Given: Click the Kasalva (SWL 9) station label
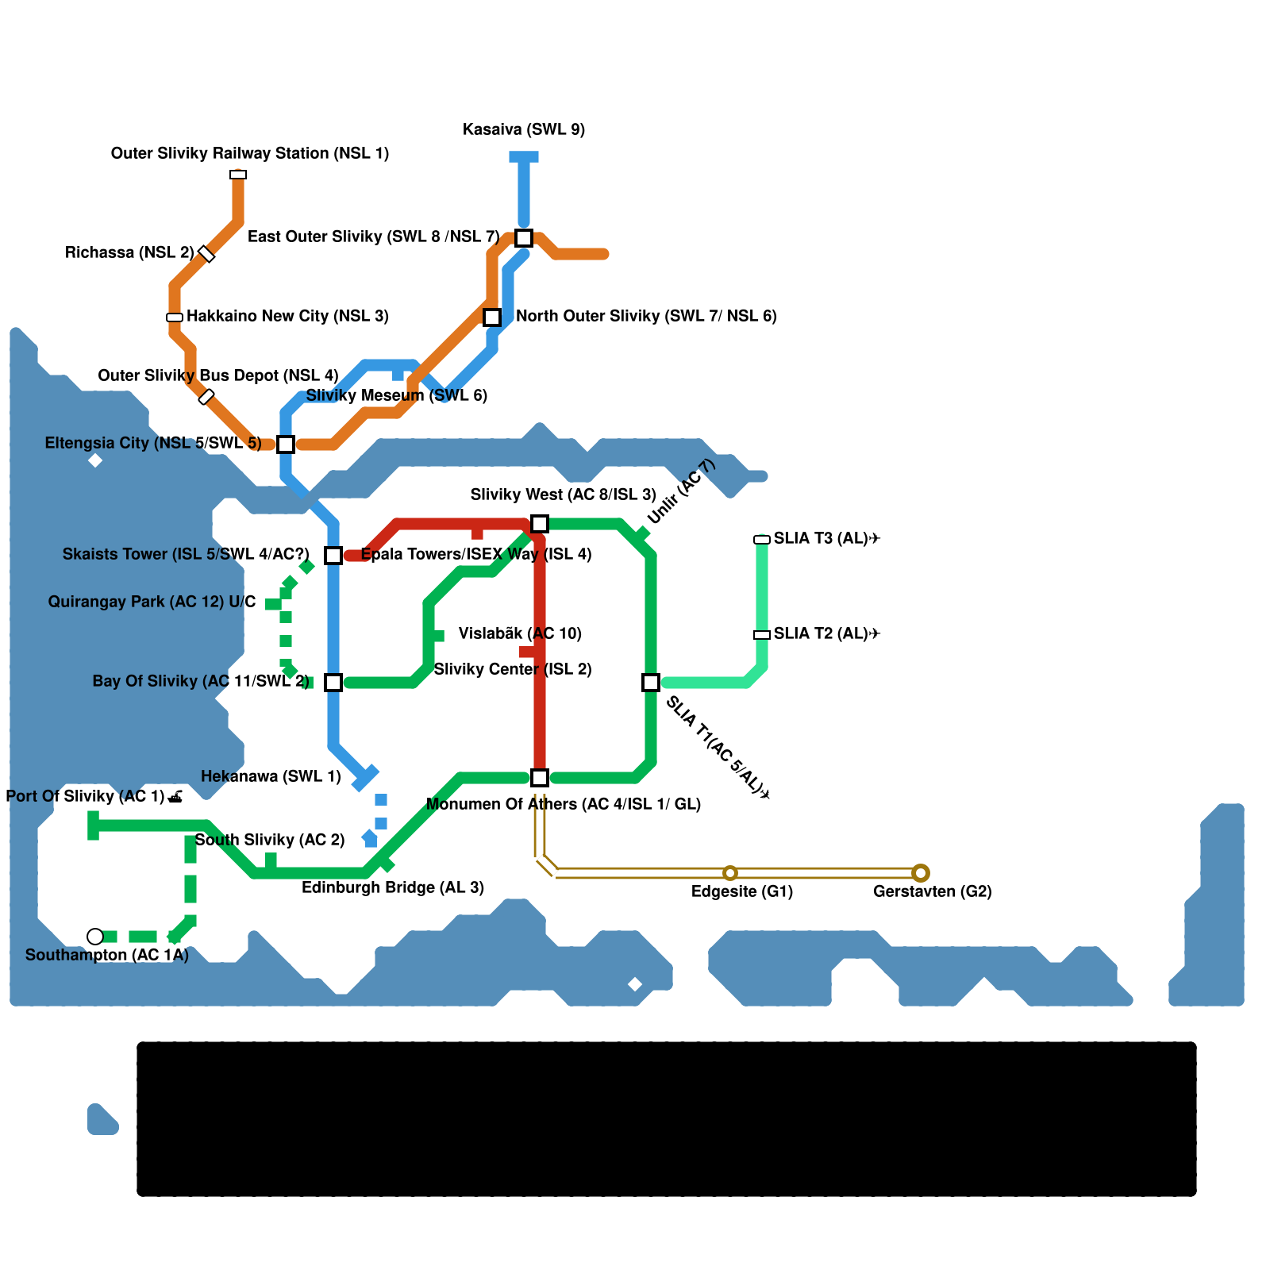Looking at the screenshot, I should tap(524, 129).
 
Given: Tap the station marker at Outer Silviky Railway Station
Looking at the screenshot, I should tap(238, 175).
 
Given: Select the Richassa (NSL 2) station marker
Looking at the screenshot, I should tap(206, 254).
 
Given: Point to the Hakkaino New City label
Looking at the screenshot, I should tap(287, 316).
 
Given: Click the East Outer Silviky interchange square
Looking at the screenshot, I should tap(524, 237).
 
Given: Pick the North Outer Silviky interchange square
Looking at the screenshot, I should tap(492, 317).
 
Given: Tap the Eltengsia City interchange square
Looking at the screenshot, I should tap(286, 444).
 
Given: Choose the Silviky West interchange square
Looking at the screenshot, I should tap(540, 524).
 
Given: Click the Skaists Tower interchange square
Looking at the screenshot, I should tap(333, 556).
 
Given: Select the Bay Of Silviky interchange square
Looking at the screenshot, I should tap(333, 683).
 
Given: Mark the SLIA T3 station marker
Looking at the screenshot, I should tap(762, 540).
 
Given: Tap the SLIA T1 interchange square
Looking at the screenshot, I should tap(651, 683).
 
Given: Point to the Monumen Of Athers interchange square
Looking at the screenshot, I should tap(540, 778).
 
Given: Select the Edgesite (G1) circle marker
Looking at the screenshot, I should tap(730, 873).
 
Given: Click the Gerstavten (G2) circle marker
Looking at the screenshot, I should tap(921, 873).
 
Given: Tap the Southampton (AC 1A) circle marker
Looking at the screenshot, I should tap(95, 937).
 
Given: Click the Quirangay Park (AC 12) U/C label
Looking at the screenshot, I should tap(152, 602).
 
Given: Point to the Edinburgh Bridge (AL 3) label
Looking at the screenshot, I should tap(393, 887).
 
